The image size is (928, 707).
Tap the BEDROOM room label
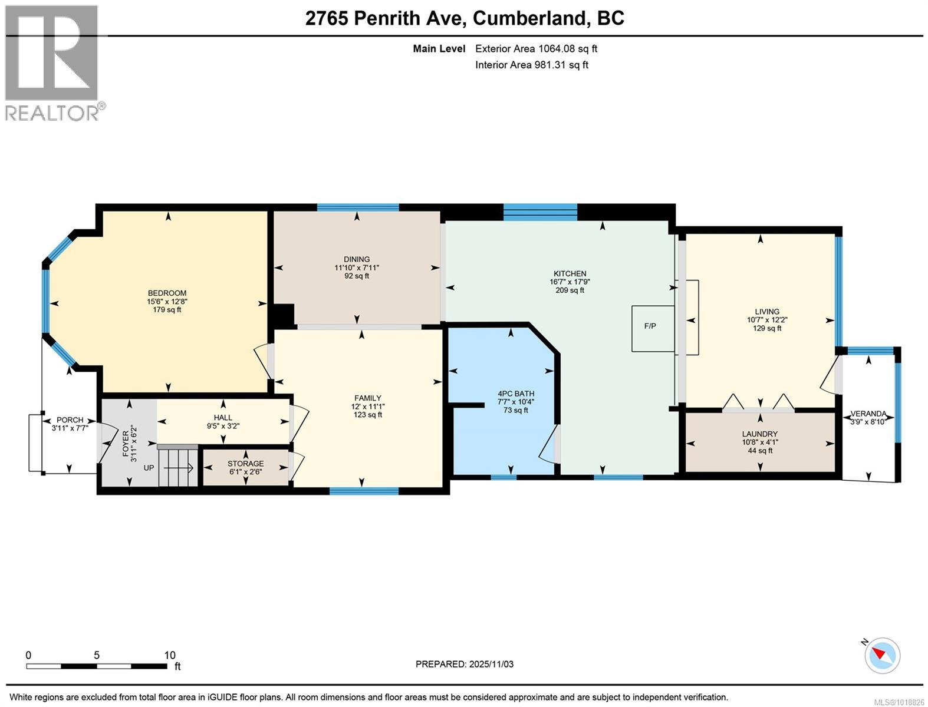[x=167, y=293]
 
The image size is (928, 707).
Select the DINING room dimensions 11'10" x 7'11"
[x=357, y=267]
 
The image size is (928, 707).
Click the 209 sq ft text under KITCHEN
[x=570, y=290]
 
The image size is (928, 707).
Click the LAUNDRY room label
[x=759, y=434]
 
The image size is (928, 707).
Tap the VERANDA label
[x=868, y=414]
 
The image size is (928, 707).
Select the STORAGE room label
[x=245, y=464]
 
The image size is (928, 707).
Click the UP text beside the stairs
[x=150, y=467]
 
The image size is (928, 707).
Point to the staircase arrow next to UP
[x=179, y=468]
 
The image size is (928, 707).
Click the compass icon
[x=883, y=655]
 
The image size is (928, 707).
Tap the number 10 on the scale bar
[x=169, y=655]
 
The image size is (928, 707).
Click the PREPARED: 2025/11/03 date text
[x=464, y=664]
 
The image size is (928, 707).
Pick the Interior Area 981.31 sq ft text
[x=531, y=65]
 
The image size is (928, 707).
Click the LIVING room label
[x=766, y=312]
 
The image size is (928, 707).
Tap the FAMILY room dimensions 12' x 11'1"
[x=367, y=407]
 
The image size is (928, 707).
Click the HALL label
[x=223, y=418]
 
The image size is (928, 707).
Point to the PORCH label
[x=70, y=420]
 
